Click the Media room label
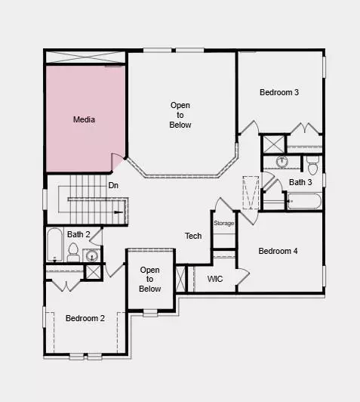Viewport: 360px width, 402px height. coord(84,119)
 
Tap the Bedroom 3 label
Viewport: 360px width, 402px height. coord(279,93)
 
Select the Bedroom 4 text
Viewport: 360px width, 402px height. coord(278,251)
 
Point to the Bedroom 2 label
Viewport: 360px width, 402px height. coord(85,318)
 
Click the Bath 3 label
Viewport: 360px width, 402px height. coord(300,182)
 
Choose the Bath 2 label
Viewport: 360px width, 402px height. coord(78,234)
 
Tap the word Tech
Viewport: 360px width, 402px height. coord(193,236)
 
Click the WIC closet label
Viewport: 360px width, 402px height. coord(215,279)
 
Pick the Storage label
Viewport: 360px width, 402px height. coord(224,223)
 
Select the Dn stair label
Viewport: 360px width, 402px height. coord(113,185)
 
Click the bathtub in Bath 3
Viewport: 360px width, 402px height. coord(304,202)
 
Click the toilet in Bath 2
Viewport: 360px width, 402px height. coord(73,255)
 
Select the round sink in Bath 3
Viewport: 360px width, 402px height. coord(282,162)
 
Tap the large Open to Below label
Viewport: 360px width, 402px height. coord(180,115)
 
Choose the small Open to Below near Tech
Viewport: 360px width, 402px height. coord(150,279)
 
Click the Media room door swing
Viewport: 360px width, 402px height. coord(118,162)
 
